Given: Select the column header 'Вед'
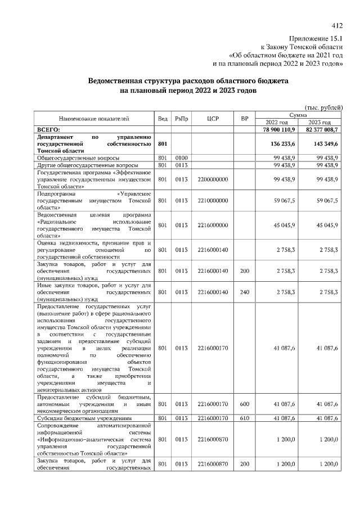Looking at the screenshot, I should click(x=163, y=119).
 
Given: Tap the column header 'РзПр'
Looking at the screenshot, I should click(x=181, y=119).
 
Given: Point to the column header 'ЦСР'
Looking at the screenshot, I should click(x=212, y=119).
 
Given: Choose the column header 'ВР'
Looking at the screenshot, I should click(x=244, y=119).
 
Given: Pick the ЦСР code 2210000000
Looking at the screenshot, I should click(x=213, y=200).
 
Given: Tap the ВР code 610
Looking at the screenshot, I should click(x=244, y=418).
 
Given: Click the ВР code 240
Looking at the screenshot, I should click(x=244, y=292).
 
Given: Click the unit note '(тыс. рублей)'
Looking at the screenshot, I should click(x=323, y=107).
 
